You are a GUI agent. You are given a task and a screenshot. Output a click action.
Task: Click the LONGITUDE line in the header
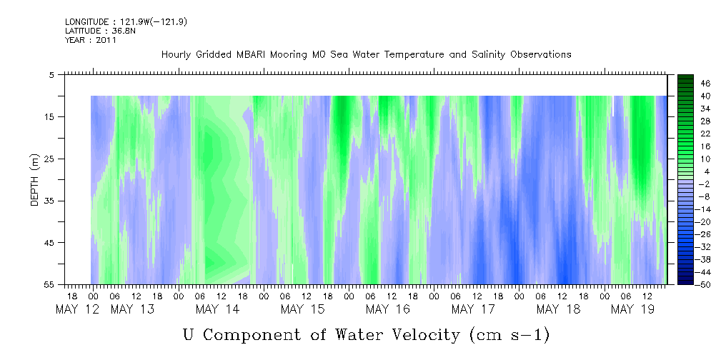[x=126, y=21]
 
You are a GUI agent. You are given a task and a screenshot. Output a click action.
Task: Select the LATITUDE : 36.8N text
[x=97, y=31]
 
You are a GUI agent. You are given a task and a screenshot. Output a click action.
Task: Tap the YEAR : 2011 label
[x=91, y=40]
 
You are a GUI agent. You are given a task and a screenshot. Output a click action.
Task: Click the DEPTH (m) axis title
[x=35, y=180]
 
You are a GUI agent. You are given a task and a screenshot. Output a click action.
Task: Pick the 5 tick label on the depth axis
[x=51, y=74]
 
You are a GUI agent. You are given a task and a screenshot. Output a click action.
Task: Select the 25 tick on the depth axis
[x=49, y=159]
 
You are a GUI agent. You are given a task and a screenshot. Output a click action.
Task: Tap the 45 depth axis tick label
[x=49, y=242]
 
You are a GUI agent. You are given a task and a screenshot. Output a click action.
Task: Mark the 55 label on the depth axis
[x=49, y=284]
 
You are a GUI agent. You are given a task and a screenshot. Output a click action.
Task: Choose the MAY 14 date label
[x=217, y=309]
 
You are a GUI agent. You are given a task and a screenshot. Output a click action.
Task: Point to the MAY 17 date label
[x=473, y=309]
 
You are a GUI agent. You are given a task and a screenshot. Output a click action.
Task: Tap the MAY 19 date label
[x=632, y=309]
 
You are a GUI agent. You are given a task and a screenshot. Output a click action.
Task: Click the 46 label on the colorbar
[x=705, y=84]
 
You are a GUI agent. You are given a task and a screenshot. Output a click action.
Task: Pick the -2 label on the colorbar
[x=705, y=184]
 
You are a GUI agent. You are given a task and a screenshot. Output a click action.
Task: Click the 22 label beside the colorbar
[x=705, y=134]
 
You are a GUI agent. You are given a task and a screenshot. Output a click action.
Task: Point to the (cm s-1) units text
[x=509, y=335]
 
